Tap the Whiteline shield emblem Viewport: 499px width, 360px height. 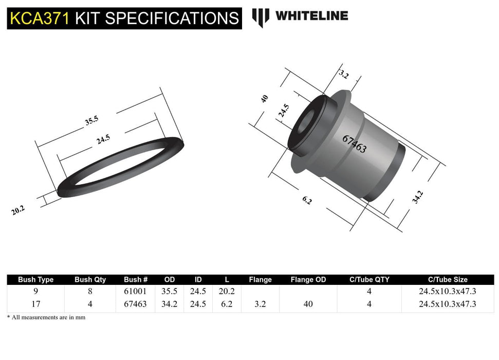[x=261, y=17]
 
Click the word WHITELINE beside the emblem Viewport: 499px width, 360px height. [x=311, y=16]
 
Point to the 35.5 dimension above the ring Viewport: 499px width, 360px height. [x=91, y=121]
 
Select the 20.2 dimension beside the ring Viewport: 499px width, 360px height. [x=18, y=210]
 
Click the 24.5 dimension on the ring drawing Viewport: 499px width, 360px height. [x=103, y=138]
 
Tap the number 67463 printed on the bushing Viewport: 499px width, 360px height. [x=354, y=144]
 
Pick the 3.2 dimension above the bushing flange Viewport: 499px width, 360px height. [x=343, y=75]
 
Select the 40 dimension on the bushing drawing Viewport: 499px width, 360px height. [x=265, y=99]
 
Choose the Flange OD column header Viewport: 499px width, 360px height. [x=308, y=280]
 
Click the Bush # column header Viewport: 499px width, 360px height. [x=136, y=280]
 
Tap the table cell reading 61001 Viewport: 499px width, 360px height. [x=136, y=291]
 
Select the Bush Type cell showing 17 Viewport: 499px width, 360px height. [x=36, y=304]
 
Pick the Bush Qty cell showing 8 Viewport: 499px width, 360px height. [x=90, y=291]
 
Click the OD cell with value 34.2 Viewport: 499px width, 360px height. [x=169, y=304]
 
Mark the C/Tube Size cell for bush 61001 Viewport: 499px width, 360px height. [x=447, y=291]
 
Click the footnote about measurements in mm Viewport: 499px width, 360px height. [x=46, y=317]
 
